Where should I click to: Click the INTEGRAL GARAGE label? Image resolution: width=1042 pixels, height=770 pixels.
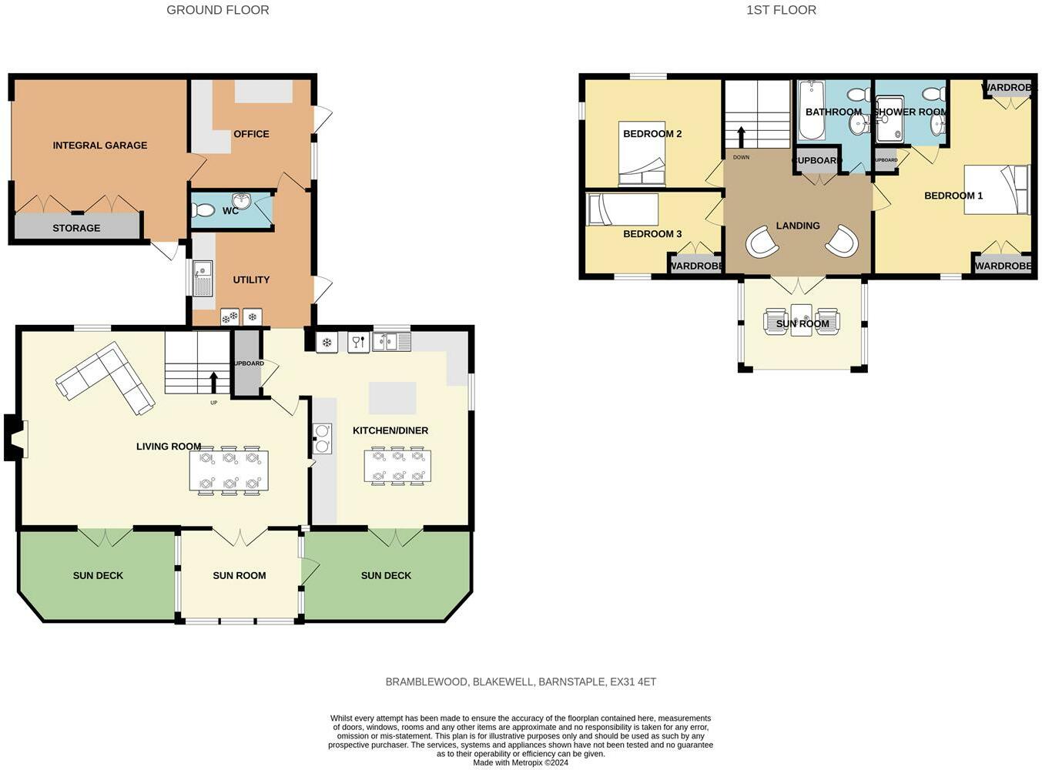click(100, 145)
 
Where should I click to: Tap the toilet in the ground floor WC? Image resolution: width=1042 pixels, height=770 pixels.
click(203, 210)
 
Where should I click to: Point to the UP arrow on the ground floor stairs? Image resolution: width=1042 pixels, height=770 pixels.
click(214, 382)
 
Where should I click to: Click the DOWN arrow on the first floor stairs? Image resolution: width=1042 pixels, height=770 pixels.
click(742, 137)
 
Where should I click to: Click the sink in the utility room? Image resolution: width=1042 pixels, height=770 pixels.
click(203, 279)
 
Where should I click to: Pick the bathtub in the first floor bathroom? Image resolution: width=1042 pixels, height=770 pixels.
click(811, 112)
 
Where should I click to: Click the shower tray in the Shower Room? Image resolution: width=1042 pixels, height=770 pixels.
click(890, 119)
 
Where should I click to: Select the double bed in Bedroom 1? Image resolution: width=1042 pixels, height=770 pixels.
click(997, 189)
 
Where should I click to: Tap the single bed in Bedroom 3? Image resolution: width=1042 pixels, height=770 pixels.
click(622, 209)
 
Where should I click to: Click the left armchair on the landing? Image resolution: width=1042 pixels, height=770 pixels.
click(762, 242)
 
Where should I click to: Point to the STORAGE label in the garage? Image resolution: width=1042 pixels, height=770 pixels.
click(76, 228)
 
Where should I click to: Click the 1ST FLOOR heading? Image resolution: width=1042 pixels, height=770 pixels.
click(781, 10)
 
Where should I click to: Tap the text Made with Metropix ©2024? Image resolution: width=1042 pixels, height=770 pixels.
click(521, 762)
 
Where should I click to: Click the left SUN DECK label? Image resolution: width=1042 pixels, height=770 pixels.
click(98, 575)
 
